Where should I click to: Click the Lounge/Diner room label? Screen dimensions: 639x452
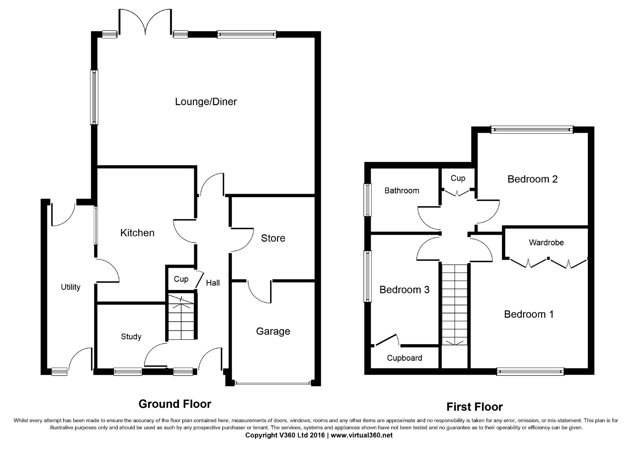coord(206,102)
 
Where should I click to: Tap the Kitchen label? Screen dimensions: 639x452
coord(137,233)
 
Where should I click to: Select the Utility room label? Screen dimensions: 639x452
coord(70,287)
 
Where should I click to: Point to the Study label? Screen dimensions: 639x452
coord(131,337)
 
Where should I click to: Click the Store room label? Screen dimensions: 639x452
coord(273,238)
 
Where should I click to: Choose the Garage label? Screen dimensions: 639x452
coord(273,331)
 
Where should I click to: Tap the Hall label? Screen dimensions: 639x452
coord(213,283)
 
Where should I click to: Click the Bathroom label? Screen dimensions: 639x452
coord(402,191)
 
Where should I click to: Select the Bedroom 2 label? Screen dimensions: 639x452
coord(532,179)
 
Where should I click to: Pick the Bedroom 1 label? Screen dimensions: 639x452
coord(529,314)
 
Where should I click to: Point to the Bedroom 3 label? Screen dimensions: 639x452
coord(404,290)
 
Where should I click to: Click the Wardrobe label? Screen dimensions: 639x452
coord(546,242)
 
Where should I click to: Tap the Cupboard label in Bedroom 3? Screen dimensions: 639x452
coord(404,358)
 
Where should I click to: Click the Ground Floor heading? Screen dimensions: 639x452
coord(175,404)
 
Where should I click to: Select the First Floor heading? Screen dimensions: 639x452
coord(474,407)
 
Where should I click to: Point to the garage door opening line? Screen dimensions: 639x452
coord(273,383)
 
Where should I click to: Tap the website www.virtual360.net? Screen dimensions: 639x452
coord(362,435)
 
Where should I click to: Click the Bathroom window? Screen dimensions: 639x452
coord(367,200)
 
